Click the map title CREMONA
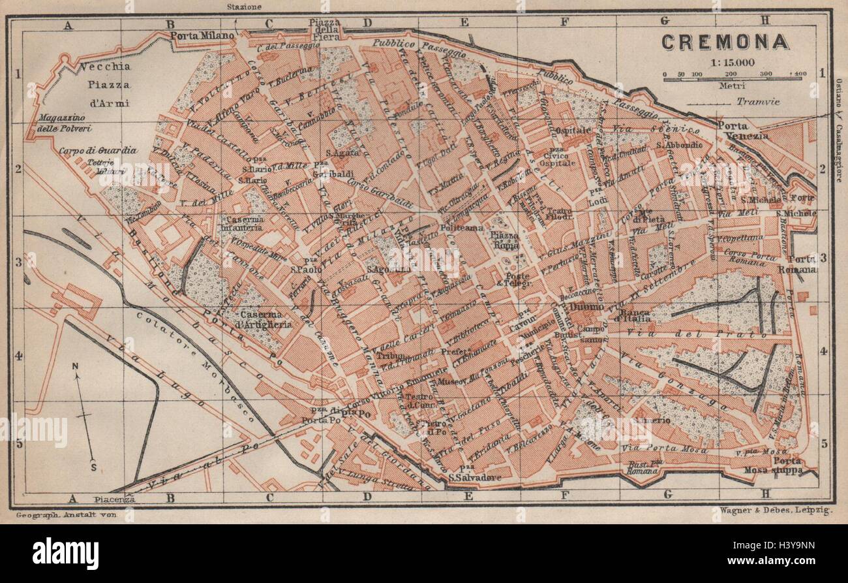coord(725,42)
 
